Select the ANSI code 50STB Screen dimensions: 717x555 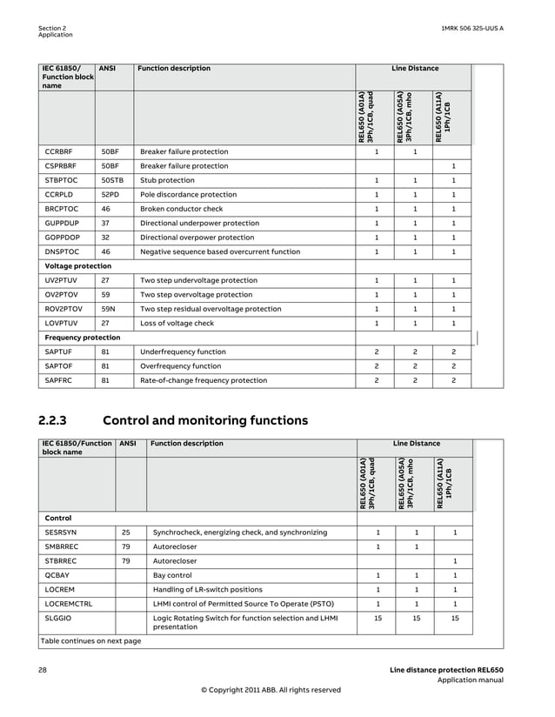[x=113, y=180]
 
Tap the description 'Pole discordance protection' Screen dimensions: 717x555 [x=188, y=195]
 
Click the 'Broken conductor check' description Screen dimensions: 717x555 [x=181, y=209]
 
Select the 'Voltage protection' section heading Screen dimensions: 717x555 [x=77, y=265]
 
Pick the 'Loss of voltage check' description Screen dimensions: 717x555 [x=177, y=323]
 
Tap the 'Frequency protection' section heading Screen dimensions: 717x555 [x=82, y=337]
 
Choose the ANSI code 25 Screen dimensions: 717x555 [x=126, y=532]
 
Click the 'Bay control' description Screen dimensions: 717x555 [x=172, y=575]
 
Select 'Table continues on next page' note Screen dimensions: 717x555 [x=90, y=640]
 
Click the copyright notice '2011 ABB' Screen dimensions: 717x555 [x=271, y=689]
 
